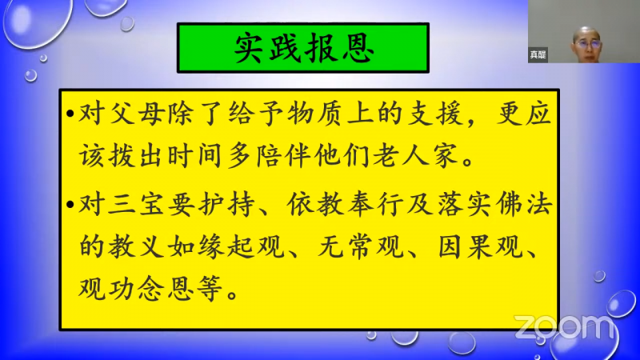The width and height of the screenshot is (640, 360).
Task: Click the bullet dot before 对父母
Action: [70, 114]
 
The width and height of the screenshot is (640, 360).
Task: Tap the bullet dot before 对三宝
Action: [70, 205]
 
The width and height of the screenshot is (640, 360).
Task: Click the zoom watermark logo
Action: [564, 326]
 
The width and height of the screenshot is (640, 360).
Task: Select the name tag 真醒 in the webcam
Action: [538, 54]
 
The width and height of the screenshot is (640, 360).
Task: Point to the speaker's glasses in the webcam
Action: [588, 43]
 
